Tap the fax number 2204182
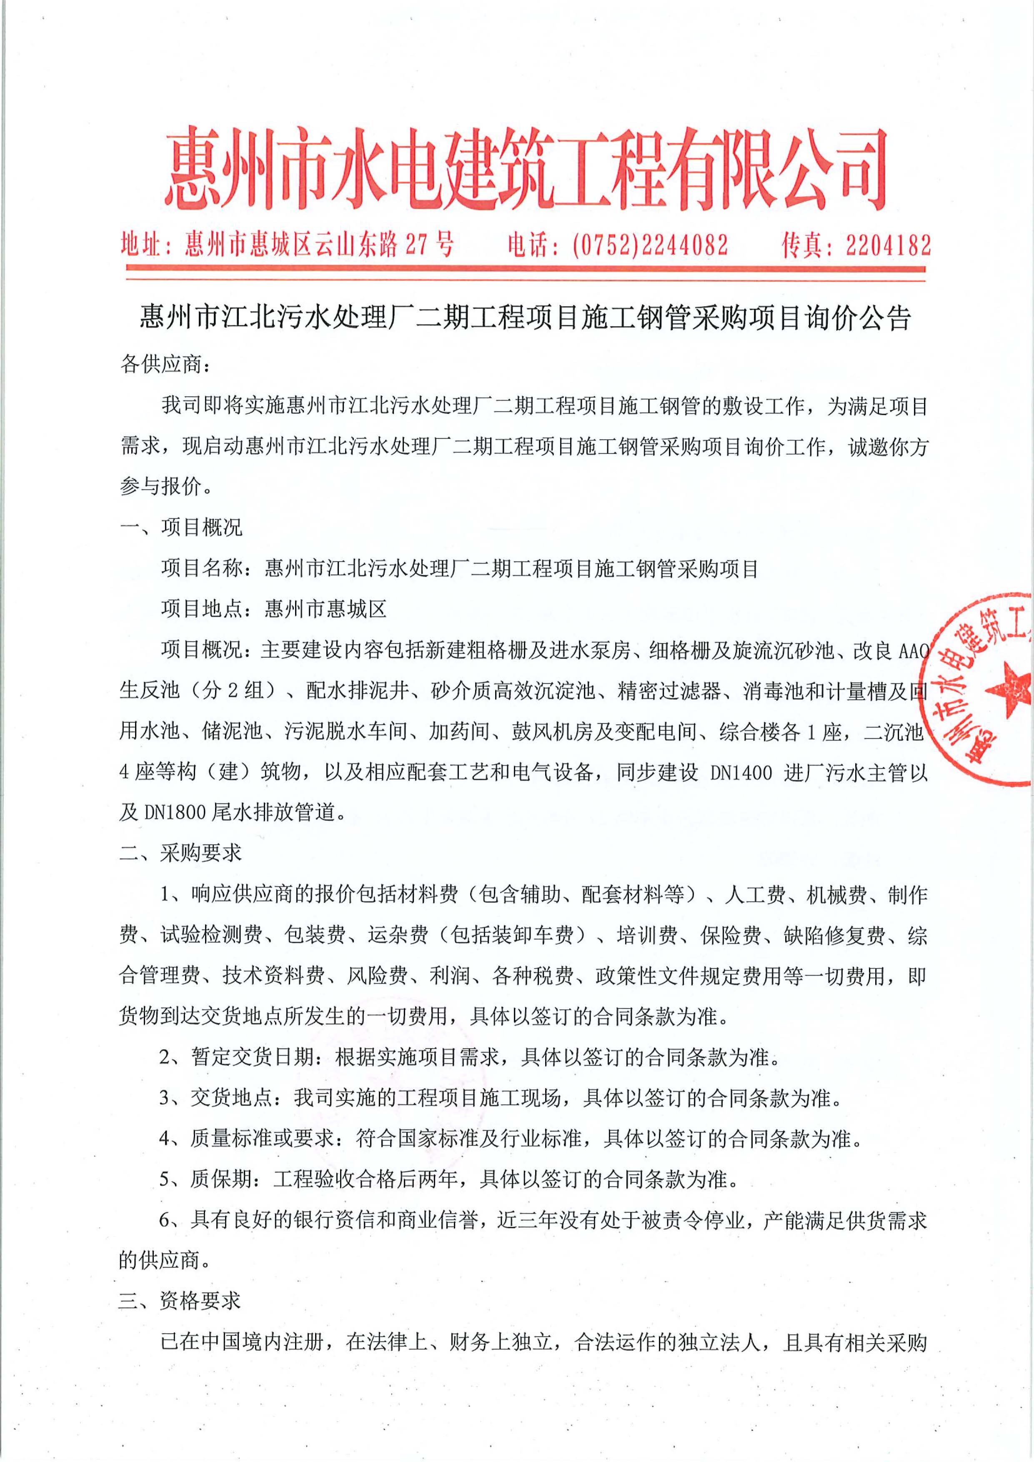click(888, 244)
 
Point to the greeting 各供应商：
click(163, 365)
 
